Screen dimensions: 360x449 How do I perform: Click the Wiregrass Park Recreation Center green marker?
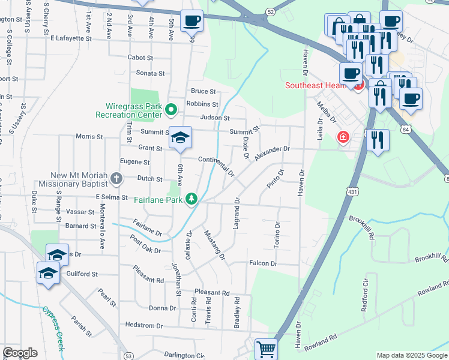coord(171,109)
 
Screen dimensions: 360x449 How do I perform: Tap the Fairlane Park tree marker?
coord(191,198)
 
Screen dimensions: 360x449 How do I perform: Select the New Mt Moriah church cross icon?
coord(116,178)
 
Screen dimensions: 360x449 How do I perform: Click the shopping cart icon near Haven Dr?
coord(266,348)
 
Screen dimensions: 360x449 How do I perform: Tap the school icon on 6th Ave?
coord(179,138)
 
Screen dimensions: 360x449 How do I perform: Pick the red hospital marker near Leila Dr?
coord(343,137)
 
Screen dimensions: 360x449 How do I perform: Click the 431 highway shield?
coord(352,190)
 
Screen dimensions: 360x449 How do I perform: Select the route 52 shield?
coord(271,11)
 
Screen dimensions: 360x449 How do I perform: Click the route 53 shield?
coord(128,356)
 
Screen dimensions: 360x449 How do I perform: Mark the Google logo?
coord(20,353)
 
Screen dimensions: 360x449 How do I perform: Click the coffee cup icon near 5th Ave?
coord(191,20)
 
